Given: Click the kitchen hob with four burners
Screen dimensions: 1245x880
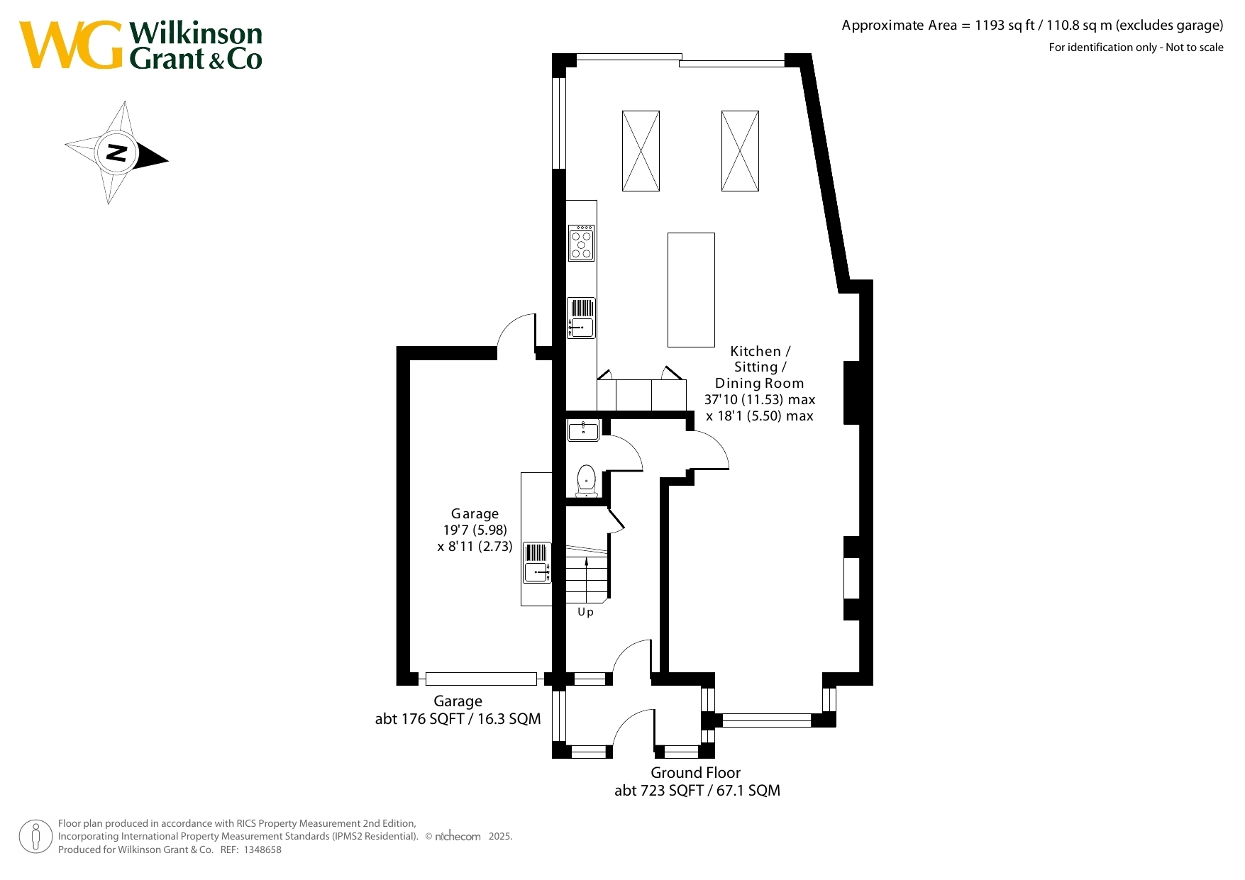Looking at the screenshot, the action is pyautogui.click(x=581, y=243).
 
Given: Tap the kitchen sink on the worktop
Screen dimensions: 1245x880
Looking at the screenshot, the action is pyautogui.click(x=581, y=318).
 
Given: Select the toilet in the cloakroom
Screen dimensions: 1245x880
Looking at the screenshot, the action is pyautogui.click(x=587, y=481).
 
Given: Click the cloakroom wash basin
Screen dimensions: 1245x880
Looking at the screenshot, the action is pyautogui.click(x=583, y=430).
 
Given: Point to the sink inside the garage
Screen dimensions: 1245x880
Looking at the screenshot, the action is pyautogui.click(x=537, y=562).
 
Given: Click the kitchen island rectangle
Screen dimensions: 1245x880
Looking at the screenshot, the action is pyautogui.click(x=691, y=290).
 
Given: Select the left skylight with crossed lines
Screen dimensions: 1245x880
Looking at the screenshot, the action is pyautogui.click(x=641, y=151).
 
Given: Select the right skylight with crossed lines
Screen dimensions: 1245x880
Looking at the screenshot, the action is pyautogui.click(x=740, y=151).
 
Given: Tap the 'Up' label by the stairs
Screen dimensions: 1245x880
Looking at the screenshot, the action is pyautogui.click(x=585, y=612).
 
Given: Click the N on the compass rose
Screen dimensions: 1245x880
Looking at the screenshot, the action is pyautogui.click(x=116, y=152).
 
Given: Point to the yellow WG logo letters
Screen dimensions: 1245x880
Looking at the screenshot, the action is pyautogui.click(x=71, y=45).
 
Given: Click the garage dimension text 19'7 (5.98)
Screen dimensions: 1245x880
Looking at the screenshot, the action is pyautogui.click(x=475, y=530).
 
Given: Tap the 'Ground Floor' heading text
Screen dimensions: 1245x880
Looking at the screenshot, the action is pyautogui.click(x=695, y=772).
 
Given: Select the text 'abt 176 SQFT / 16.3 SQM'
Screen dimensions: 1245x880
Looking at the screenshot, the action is pyautogui.click(x=458, y=719).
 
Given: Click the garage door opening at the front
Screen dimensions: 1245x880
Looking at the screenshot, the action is pyautogui.click(x=481, y=679).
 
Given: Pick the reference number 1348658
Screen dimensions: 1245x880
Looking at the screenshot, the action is pyautogui.click(x=262, y=850).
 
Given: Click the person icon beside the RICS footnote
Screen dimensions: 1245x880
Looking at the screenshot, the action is pyautogui.click(x=35, y=837).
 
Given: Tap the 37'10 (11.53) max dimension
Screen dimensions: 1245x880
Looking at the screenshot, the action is pyautogui.click(x=760, y=399).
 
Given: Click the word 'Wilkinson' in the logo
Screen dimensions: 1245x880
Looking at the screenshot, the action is pyautogui.click(x=196, y=33).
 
